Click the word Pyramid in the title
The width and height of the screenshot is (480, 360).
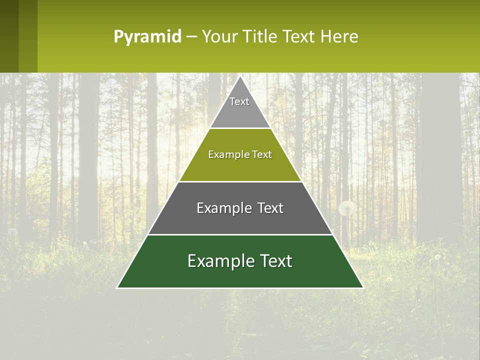[x=147, y=36]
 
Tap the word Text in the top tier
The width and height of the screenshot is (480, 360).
[x=239, y=101]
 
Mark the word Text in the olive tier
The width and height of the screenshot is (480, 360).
[x=262, y=154]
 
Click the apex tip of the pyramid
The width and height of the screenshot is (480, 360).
[x=240, y=76]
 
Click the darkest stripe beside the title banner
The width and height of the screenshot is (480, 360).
[x=9, y=36]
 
